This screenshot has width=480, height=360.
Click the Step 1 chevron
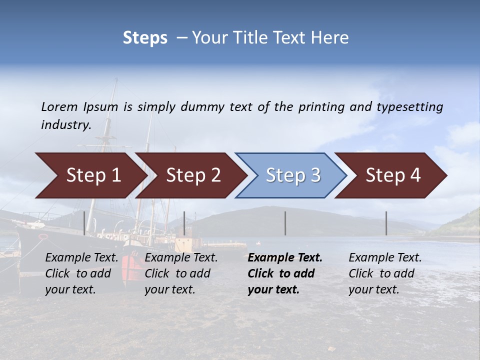click(x=90, y=175)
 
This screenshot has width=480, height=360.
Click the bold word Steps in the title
click(x=145, y=38)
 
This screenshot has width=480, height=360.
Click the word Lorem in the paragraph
click(x=59, y=106)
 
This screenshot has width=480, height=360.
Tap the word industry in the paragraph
click(x=65, y=125)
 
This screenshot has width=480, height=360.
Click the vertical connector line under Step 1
click(x=84, y=223)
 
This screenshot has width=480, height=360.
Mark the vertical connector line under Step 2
click(x=184, y=223)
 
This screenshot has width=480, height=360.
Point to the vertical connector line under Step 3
click(x=285, y=223)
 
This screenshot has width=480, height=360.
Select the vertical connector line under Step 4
click(x=386, y=223)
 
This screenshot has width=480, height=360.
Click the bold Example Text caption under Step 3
click(x=285, y=258)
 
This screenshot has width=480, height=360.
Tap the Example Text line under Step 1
click(x=81, y=258)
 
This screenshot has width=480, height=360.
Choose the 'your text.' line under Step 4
click(x=373, y=289)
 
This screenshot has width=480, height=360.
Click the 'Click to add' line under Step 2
click(x=177, y=273)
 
